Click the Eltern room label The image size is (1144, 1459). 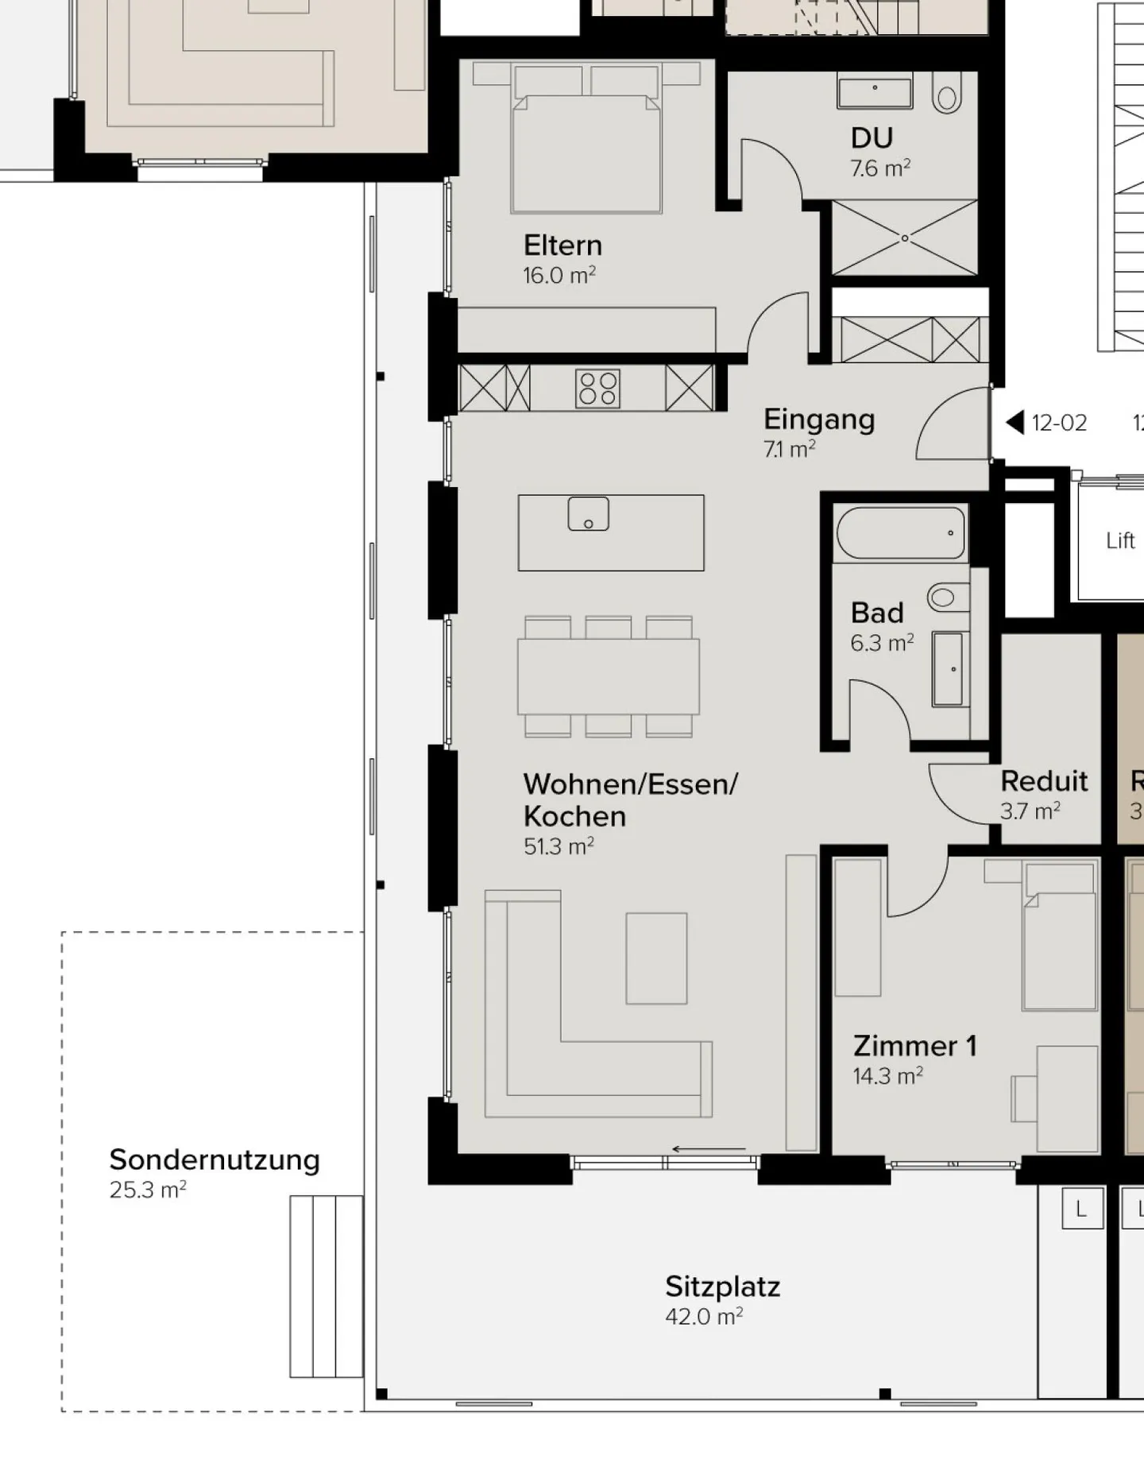[562, 246]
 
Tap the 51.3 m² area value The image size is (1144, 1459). [558, 847]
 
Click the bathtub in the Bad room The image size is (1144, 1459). [900, 533]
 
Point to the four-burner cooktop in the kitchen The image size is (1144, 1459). [598, 389]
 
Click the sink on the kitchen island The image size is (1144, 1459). [589, 514]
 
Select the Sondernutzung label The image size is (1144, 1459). [214, 1160]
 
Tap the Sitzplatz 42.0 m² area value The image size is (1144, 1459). [704, 1317]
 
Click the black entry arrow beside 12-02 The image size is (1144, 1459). [1015, 423]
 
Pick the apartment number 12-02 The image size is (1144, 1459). [1059, 424]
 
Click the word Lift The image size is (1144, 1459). [1120, 541]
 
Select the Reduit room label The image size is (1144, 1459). [1044, 782]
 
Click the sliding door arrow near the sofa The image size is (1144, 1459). [709, 1149]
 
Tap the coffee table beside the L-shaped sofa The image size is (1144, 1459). [656, 958]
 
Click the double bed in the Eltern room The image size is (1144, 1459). [587, 153]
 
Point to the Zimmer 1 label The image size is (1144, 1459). [914, 1047]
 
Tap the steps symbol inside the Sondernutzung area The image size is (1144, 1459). [326, 1287]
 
